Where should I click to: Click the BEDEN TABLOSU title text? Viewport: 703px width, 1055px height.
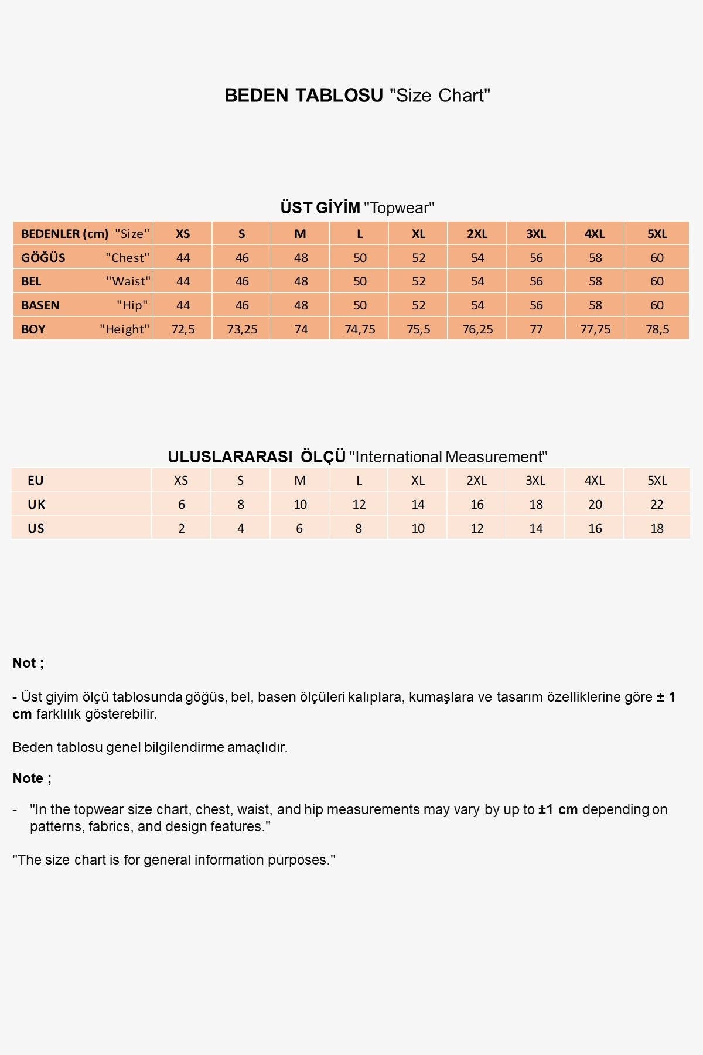coord(303,96)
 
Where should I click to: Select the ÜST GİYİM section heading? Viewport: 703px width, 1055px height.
coord(320,208)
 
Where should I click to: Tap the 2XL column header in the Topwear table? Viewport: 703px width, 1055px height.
coord(477,234)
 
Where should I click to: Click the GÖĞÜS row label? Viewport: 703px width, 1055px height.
coord(43,258)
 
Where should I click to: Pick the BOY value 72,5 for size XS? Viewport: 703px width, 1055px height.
coord(183,329)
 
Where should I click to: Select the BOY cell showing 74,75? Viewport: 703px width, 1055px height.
coord(360,329)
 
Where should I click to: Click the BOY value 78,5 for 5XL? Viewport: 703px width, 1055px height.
coord(657,329)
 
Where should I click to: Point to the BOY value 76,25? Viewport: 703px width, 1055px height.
coord(477,329)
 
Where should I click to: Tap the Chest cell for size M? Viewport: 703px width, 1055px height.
coord(301,258)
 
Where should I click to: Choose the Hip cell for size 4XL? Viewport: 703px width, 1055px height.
coord(595,305)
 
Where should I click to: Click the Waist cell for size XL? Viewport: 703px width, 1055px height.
coord(418,281)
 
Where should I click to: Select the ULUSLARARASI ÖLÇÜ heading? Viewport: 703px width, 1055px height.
coord(257,457)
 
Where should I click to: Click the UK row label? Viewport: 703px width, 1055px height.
coord(36,505)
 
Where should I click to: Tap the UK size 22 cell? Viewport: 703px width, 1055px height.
coord(657,505)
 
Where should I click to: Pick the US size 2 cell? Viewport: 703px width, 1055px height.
coord(182,529)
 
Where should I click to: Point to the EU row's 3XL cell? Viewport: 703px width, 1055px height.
coord(535,481)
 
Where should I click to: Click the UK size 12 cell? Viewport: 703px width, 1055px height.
coord(359,505)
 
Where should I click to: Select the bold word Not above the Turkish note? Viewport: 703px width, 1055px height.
coord(25,663)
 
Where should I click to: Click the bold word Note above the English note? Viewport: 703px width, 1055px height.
coord(28,778)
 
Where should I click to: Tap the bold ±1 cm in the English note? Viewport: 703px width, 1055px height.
coord(558,809)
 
